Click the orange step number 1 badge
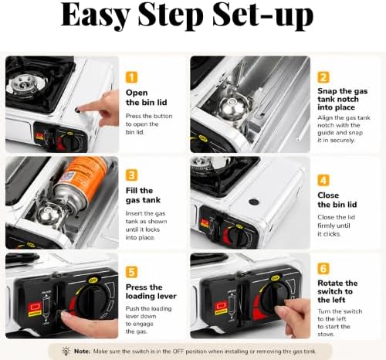[x=131, y=77]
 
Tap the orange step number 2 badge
[x=323, y=77]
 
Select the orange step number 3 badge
[x=131, y=175]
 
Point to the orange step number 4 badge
[x=323, y=180]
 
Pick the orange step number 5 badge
[x=131, y=272]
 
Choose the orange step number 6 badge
[x=323, y=268]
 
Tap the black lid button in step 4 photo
[x=254, y=202]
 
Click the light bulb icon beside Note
[x=66, y=351]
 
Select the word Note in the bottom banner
[x=82, y=352]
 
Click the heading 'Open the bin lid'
[x=146, y=97]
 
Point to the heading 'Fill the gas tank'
[x=143, y=195]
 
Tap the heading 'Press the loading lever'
[x=151, y=291]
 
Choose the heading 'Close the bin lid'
[x=337, y=200]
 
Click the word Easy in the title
[x=95, y=15]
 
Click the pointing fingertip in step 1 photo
[x=78, y=110]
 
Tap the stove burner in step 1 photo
[x=25, y=83]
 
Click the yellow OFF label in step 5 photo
[x=93, y=280]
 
